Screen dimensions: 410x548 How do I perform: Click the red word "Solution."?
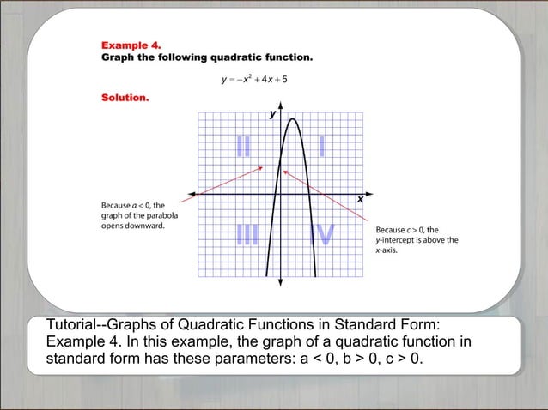[x=125, y=98]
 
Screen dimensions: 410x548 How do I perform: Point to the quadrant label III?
[x=247, y=235]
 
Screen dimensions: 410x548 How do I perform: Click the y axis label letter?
[x=272, y=113]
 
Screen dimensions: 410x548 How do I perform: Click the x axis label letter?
[x=360, y=200]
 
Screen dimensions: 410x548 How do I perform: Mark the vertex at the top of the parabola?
[x=292, y=119]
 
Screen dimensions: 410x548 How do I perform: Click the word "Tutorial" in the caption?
[x=71, y=323]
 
